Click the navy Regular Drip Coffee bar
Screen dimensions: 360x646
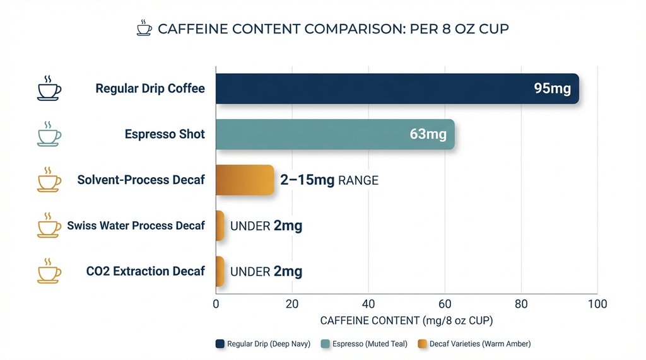[x=379, y=89]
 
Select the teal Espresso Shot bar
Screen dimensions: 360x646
[x=315, y=134]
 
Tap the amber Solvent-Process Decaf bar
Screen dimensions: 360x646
[x=245, y=180]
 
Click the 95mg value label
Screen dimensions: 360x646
[x=552, y=89]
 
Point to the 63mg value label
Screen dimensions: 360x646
[x=428, y=134]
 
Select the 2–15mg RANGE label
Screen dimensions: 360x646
[x=329, y=180]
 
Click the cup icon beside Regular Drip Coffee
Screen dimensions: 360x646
[x=49, y=89]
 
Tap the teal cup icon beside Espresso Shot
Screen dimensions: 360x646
[x=49, y=135]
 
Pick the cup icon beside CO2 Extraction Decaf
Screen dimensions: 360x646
[x=49, y=272]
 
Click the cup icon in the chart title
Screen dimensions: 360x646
[x=144, y=28]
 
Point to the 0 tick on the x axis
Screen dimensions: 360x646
[x=216, y=305]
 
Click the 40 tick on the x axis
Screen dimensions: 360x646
[x=368, y=305]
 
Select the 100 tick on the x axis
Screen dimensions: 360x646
[x=597, y=305]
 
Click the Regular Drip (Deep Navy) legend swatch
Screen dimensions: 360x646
[x=220, y=344]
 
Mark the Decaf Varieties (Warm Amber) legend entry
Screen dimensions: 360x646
[x=480, y=344]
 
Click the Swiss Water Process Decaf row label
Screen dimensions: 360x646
[x=136, y=226]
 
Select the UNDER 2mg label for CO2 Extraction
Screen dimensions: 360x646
[x=266, y=272]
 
